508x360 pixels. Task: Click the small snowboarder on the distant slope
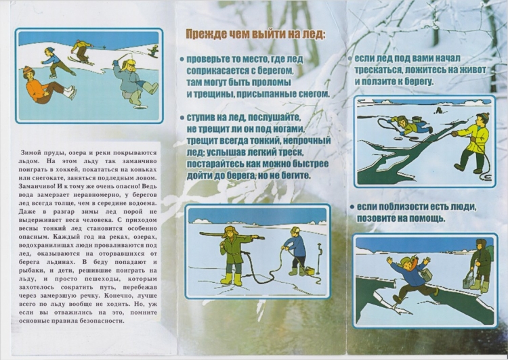pos(154,50)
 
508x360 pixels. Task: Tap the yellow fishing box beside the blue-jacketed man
pos(312,272)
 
